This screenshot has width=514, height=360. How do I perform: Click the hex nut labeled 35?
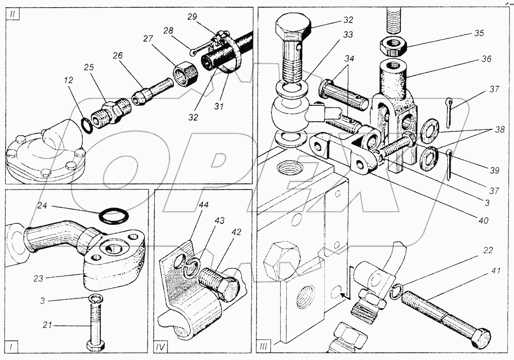tap(393, 47)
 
